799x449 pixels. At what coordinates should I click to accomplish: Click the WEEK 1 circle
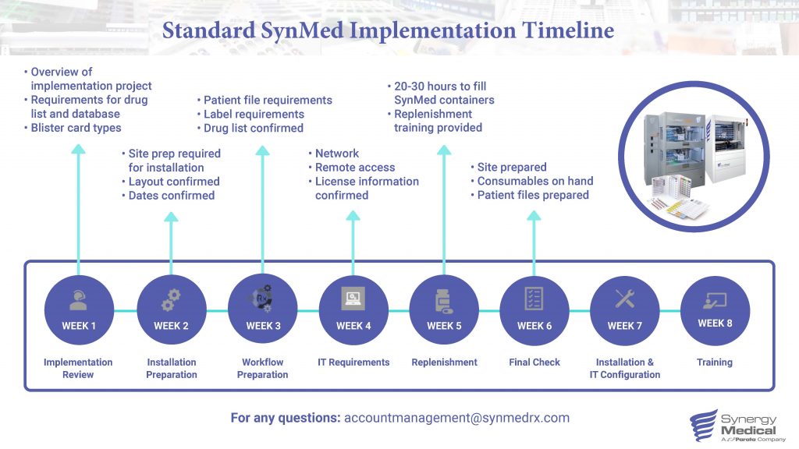click(79, 310)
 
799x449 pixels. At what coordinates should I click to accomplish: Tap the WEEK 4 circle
click(353, 310)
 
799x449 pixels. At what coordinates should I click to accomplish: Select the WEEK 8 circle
click(715, 310)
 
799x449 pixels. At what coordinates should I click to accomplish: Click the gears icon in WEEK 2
click(171, 301)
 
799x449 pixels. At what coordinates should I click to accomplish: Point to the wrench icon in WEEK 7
click(625, 299)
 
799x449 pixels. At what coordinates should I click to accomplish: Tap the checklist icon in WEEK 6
click(534, 299)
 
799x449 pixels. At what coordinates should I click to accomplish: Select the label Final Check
click(534, 362)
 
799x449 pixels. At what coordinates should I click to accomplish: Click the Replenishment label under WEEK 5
click(444, 362)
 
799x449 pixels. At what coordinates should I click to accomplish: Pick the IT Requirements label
click(353, 362)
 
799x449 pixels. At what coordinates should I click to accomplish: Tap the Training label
click(715, 362)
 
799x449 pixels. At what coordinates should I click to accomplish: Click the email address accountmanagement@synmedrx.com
click(456, 418)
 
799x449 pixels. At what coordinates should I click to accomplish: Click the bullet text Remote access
click(354, 168)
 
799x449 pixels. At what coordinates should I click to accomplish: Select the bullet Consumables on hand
click(535, 182)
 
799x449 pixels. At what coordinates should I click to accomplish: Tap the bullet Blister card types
click(76, 128)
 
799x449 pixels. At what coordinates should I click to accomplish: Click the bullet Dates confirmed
click(171, 196)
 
